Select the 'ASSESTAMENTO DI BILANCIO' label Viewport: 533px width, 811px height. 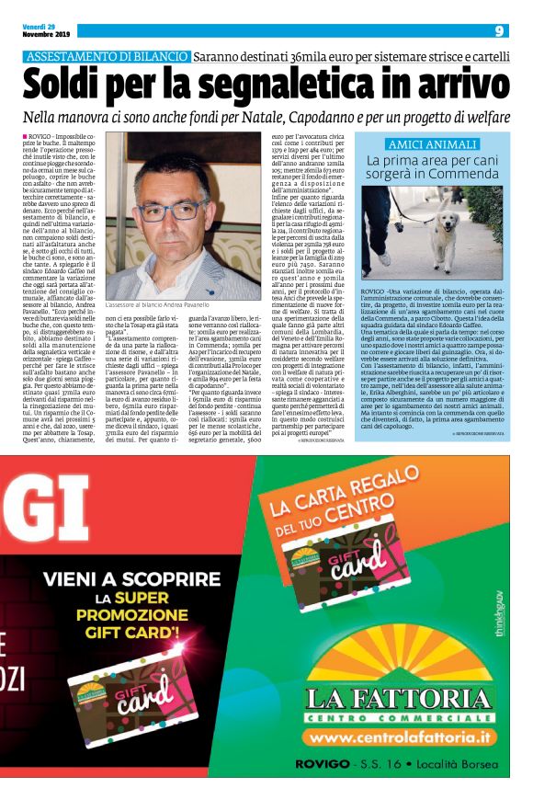click(x=107, y=57)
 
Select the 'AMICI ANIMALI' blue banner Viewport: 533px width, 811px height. click(x=430, y=145)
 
